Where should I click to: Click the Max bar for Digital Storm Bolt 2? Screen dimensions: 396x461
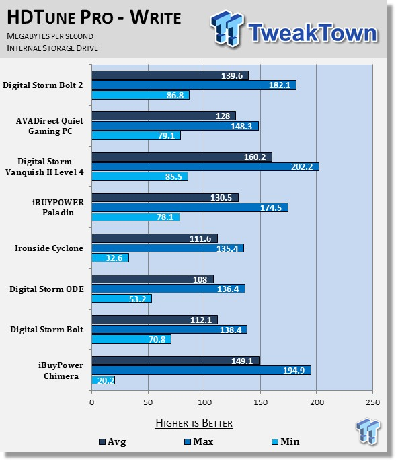[194, 85]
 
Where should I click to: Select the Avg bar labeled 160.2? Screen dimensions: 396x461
[182, 157]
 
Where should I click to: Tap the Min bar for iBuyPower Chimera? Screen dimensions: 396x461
[103, 380]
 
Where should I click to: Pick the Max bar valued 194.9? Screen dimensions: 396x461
[201, 370]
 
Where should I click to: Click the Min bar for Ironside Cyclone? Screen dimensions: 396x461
[110, 258]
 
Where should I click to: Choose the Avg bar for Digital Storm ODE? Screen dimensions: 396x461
[153, 279]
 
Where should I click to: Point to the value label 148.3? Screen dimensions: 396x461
[241, 126]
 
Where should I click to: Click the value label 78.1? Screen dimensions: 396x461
[165, 217]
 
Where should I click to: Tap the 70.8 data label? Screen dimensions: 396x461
[157, 340]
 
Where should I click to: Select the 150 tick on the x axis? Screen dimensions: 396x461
[260, 402]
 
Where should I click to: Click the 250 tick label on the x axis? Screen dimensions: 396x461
[372, 402]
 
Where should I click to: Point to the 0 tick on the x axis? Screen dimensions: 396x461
[92, 402]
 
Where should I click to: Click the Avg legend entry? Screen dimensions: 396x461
[112, 441]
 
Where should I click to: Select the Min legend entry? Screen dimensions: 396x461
[286, 441]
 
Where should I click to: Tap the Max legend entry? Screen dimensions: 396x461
[198, 441]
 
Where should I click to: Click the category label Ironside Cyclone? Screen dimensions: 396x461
[49, 248]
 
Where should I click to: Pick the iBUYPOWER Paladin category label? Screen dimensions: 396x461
[58, 207]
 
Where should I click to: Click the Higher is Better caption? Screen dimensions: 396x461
[194, 423]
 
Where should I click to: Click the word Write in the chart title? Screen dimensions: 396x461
[156, 17]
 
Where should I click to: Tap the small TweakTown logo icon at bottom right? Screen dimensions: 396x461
[368, 431]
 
